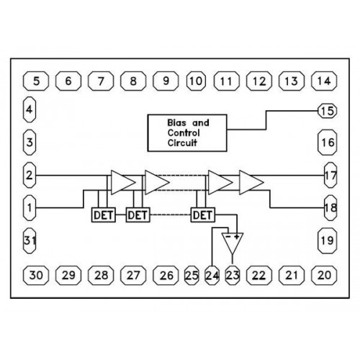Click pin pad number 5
click(36, 81)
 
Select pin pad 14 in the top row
click(324, 81)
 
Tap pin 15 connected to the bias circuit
click(328, 111)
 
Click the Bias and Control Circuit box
click(187, 133)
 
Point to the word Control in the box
click(184, 132)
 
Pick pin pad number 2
click(30, 175)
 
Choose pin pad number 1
click(30, 208)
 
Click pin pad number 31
click(30, 240)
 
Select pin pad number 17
click(330, 175)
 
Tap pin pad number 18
click(330, 208)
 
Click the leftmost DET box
click(104, 215)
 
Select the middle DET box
click(138, 215)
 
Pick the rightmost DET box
click(203, 215)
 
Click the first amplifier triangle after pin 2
click(121, 182)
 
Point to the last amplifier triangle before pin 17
click(250, 182)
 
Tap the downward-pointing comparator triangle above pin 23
click(233, 243)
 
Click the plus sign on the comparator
click(237, 237)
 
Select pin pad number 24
click(212, 275)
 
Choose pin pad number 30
click(36, 275)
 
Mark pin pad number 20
click(324, 275)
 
